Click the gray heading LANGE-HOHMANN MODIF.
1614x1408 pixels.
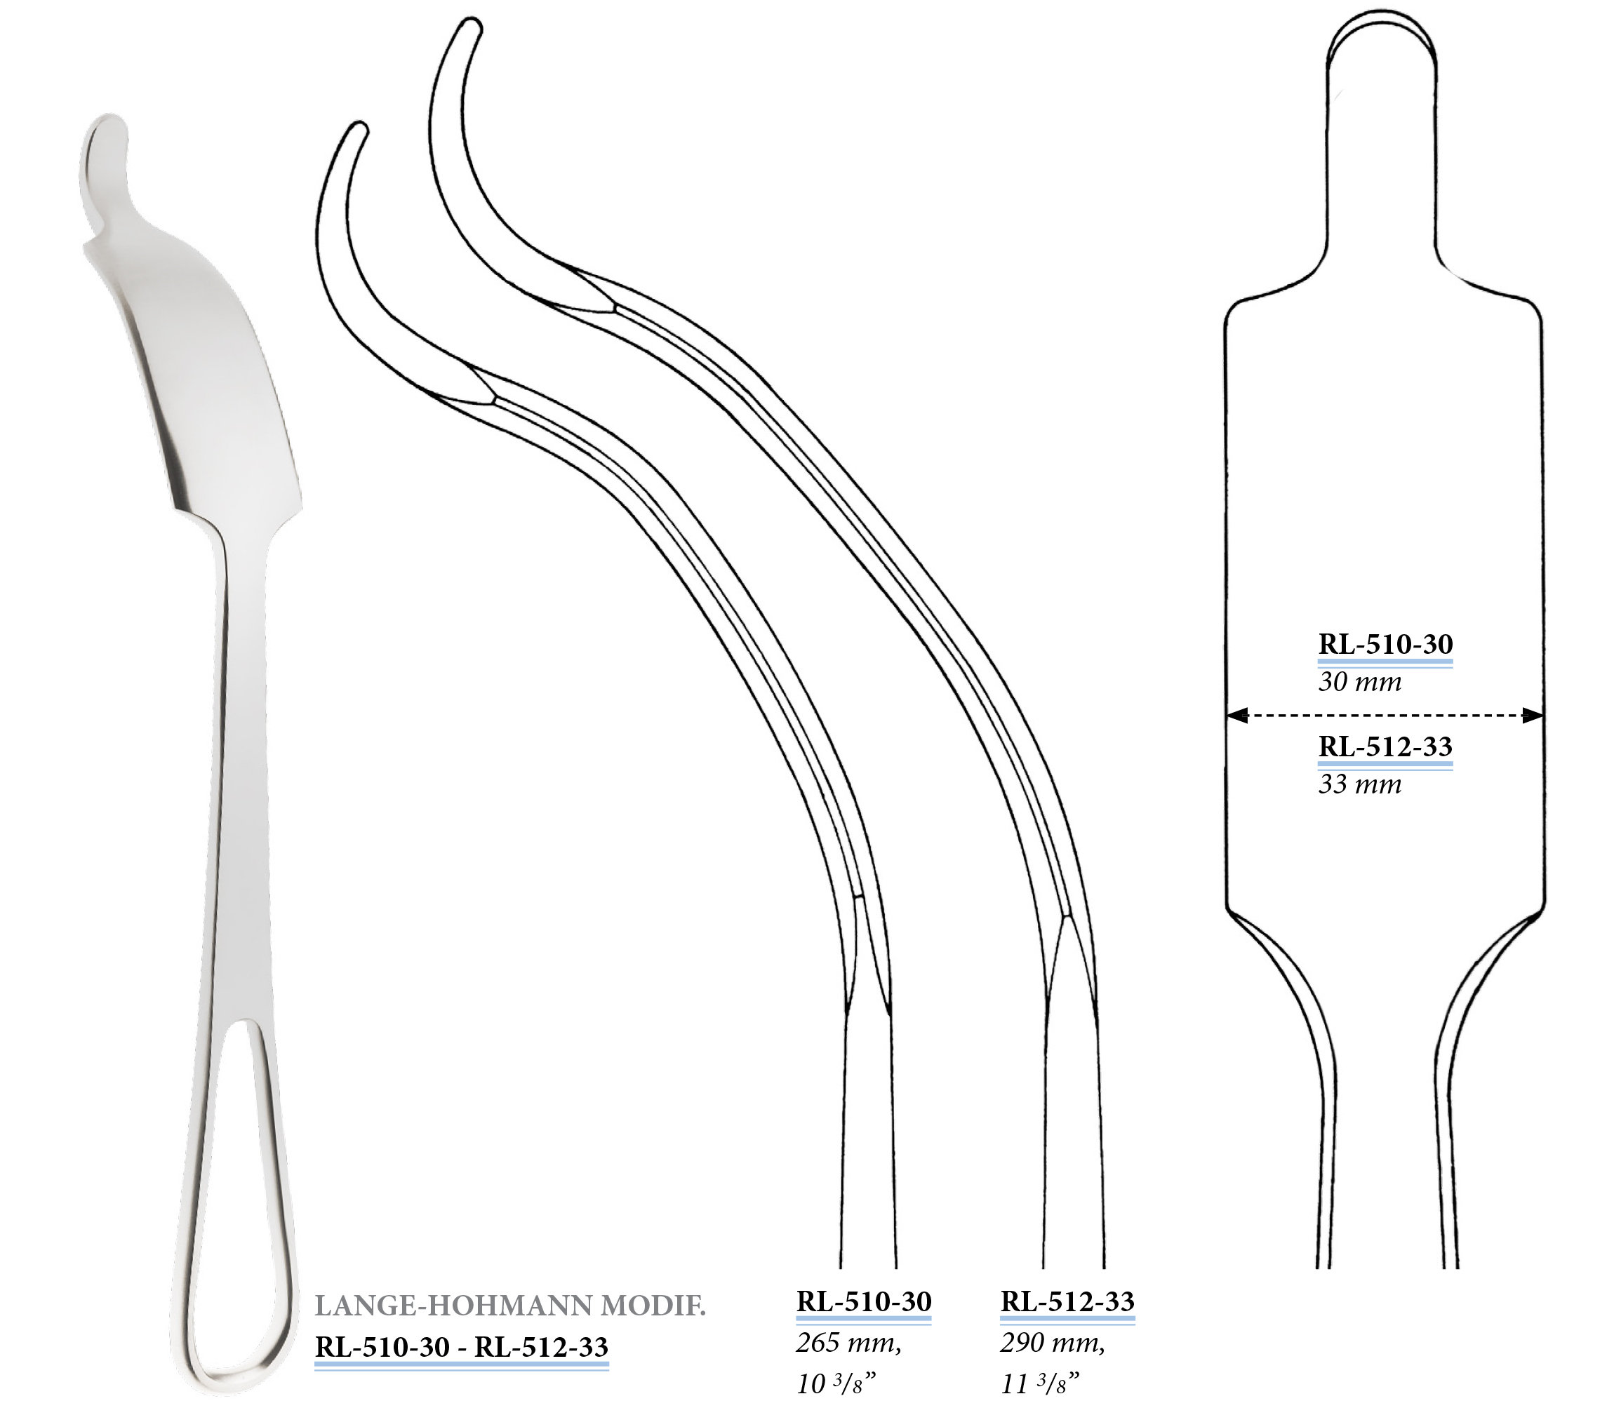pos(510,1305)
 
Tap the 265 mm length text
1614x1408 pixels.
pos(848,1343)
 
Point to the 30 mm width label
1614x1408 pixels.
pos(1359,681)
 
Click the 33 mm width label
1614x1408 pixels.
pos(1359,784)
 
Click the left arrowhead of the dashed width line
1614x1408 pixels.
pos(1237,715)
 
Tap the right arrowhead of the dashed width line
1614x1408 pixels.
pos(1533,715)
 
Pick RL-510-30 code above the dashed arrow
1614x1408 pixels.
pos(1385,643)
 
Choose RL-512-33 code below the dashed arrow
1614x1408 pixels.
pos(1385,746)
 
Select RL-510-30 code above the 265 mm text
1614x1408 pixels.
pos(864,1301)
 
